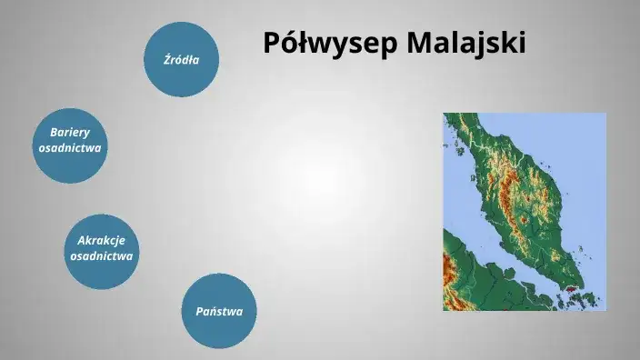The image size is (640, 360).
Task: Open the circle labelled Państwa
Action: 219,311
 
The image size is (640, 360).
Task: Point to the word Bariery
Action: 70,132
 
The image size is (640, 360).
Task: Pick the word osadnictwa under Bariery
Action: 70,148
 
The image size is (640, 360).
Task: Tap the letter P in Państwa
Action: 200,311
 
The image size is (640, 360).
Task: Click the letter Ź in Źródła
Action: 166,60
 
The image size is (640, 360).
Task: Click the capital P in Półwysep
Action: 272,43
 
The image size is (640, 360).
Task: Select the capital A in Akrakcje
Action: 82,240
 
